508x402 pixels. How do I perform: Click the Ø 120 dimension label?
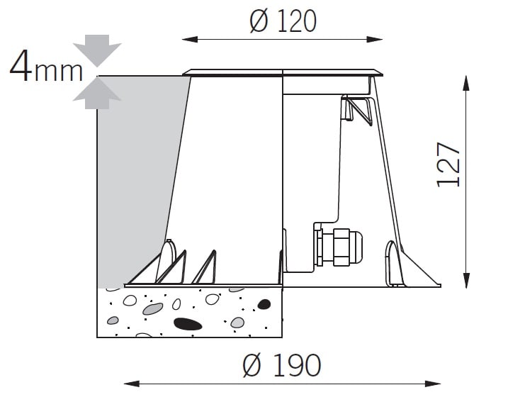(283, 21)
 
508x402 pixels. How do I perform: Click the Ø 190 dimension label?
(282, 365)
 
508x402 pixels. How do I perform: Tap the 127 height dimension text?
(448, 164)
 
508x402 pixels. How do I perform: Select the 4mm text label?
(46, 66)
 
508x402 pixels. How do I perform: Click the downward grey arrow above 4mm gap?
(97, 50)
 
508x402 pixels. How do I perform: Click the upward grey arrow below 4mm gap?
(97, 94)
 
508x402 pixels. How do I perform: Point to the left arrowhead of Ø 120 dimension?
(190, 40)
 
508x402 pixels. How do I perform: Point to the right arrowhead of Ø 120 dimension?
(375, 40)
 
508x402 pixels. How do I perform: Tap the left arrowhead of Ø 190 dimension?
(132, 384)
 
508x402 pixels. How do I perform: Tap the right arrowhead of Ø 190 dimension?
(433, 384)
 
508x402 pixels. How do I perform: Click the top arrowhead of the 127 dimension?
(466, 84)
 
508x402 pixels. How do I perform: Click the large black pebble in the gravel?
(188, 324)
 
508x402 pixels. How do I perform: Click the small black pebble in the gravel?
(264, 304)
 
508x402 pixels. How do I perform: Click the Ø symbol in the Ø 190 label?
(252, 365)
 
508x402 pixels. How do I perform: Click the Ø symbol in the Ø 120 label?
(259, 21)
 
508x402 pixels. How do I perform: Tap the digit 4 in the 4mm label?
(21, 66)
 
